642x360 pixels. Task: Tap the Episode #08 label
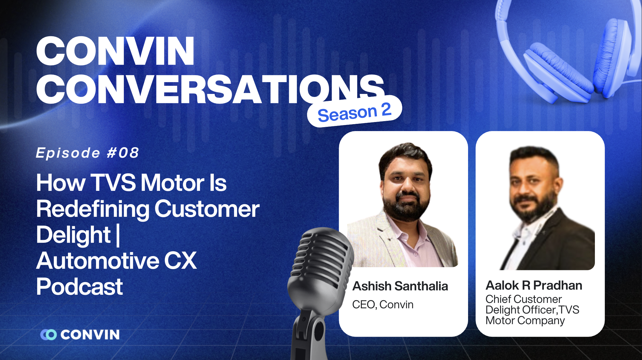[x=87, y=153]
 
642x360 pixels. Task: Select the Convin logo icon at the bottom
[x=48, y=335]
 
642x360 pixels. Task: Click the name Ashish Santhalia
[x=400, y=286]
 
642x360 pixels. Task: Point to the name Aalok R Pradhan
[x=534, y=285]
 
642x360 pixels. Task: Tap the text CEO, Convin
[x=383, y=304]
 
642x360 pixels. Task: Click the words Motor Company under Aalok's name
[x=525, y=320]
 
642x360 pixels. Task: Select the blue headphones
[x=568, y=54]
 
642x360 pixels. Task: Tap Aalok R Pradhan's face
[x=533, y=187]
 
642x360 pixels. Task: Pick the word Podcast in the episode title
[x=79, y=287]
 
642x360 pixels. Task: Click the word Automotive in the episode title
[x=98, y=261]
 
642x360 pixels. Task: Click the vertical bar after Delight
[x=118, y=235]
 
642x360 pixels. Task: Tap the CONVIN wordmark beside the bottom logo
[x=90, y=335]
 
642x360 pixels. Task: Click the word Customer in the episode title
[x=207, y=209]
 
